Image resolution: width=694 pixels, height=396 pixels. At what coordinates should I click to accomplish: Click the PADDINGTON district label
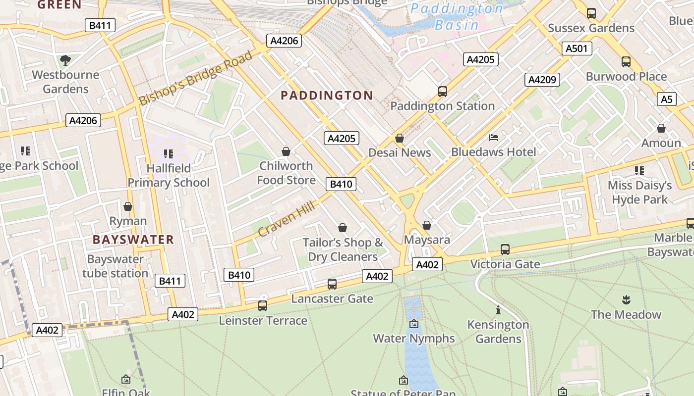coord(327,96)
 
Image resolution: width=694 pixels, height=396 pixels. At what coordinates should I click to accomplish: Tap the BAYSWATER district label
coord(133,240)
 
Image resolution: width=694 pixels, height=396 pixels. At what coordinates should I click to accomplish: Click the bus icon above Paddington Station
coord(443,92)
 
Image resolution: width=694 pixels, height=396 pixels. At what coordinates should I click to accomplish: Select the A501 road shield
coord(577,48)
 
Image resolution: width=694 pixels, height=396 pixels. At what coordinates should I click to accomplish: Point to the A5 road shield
coord(667,99)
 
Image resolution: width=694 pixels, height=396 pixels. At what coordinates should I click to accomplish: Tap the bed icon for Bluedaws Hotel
coord(494,137)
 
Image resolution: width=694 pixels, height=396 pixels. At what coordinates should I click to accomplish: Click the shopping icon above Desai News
coord(400,138)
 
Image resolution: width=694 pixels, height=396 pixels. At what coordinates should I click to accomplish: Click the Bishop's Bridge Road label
coord(195,78)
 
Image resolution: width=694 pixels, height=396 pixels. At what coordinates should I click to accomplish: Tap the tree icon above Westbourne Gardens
coord(65,61)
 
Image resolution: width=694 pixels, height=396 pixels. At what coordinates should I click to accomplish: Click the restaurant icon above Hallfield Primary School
coord(169,154)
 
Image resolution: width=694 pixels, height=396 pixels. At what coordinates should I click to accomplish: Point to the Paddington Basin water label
coord(457,16)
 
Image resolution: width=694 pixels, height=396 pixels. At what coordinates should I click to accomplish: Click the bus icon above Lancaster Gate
coord(332,284)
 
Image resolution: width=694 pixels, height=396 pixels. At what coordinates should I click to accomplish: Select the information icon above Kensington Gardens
coord(498,310)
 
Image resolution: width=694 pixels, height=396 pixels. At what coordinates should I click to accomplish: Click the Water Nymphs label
coord(414,339)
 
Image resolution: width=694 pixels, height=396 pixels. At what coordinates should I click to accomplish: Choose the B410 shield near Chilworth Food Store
coord(341,184)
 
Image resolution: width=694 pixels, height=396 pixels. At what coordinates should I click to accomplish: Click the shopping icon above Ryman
coord(128,206)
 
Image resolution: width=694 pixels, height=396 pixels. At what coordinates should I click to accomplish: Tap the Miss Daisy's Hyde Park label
coord(639,193)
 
